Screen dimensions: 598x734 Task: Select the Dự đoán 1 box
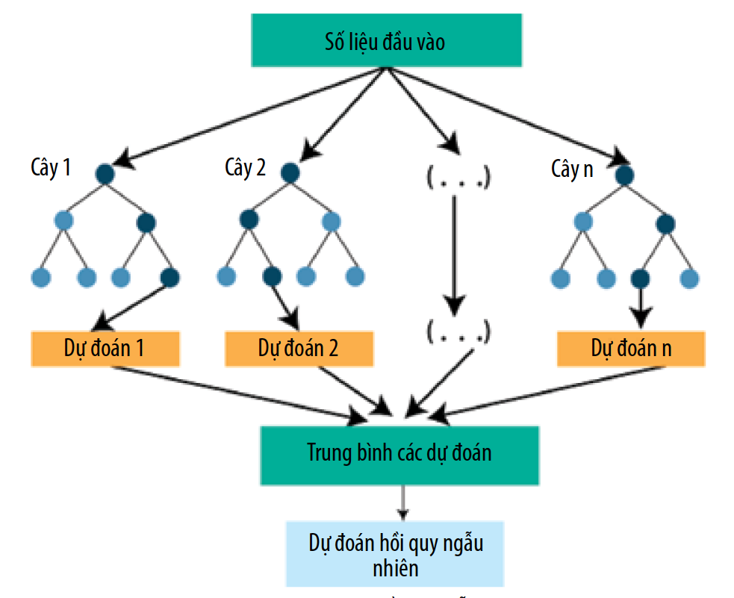(x=105, y=349)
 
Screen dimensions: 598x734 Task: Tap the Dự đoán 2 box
(x=298, y=349)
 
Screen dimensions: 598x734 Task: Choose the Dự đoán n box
(x=630, y=349)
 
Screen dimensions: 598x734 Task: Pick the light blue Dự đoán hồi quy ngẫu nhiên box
(x=396, y=553)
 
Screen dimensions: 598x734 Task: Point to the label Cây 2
(x=245, y=168)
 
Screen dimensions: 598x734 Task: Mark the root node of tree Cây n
(x=625, y=174)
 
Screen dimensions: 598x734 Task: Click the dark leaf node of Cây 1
(x=169, y=278)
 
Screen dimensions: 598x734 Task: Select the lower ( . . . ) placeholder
(x=458, y=331)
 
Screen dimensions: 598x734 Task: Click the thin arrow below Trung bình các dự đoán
(x=403, y=502)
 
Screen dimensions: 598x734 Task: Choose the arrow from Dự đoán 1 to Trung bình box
(x=239, y=390)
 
